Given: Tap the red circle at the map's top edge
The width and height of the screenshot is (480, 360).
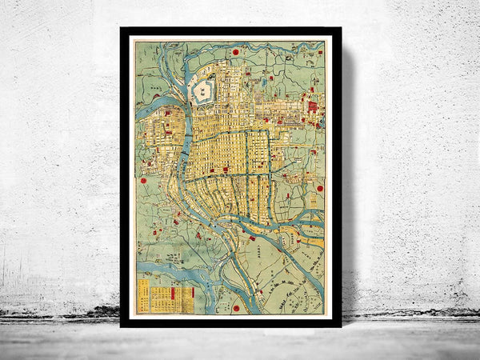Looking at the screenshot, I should click(237, 52).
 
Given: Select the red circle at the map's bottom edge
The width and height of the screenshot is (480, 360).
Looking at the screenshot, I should click(236, 307).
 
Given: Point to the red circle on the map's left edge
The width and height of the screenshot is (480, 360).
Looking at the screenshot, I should click(144, 181).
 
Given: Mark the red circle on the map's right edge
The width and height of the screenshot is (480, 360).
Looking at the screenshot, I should click(319, 189).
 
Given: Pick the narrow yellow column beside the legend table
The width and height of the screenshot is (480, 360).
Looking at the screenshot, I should click(144, 295).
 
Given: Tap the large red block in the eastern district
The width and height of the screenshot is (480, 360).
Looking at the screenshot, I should click(312, 106).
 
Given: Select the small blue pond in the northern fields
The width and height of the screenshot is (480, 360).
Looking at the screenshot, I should click(263, 81).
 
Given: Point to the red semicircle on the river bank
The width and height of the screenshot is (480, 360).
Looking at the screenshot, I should click(252, 238).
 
